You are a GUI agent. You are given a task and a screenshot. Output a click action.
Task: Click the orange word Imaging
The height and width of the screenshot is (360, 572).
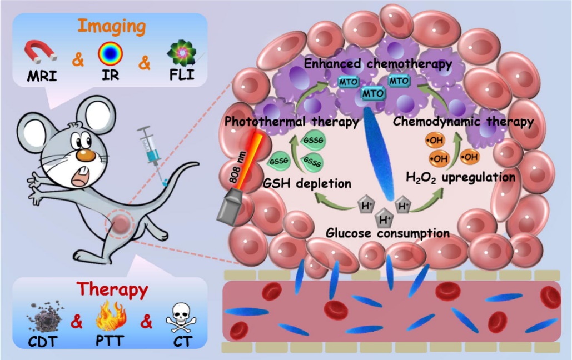coord(111,26)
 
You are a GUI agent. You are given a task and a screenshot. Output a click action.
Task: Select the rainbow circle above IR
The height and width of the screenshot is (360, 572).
coord(110,54)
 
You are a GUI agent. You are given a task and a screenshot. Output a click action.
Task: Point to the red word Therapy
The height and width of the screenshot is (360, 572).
coord(112,289)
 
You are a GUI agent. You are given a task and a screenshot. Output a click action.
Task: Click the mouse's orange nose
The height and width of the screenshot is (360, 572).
coord(83,154)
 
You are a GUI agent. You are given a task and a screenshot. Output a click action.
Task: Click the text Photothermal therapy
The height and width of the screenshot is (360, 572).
coord(291,121)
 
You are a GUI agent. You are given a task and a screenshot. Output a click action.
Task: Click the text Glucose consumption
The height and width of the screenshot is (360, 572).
coord(387,233)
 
